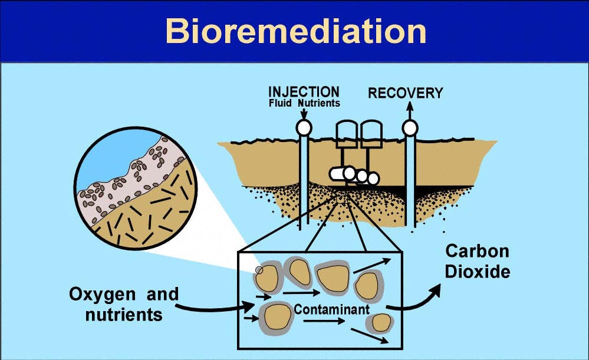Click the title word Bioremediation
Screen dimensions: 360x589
pos(295,31)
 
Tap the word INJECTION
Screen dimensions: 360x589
pos(304,93)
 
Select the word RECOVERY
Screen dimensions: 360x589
pos(405,93)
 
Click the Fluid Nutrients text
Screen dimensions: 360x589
pos(304,103)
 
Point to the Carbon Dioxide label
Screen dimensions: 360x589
pos(477,262)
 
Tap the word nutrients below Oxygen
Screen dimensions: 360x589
pos(123,315)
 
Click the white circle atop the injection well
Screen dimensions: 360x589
pos(304,127)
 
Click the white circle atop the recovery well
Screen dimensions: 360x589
pos(409,127)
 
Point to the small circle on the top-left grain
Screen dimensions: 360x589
pos(259,270)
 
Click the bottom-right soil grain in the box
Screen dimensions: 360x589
pos(380,322)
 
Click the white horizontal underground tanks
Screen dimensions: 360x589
pos(354,175)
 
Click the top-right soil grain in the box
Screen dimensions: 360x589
pos(369,285)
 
